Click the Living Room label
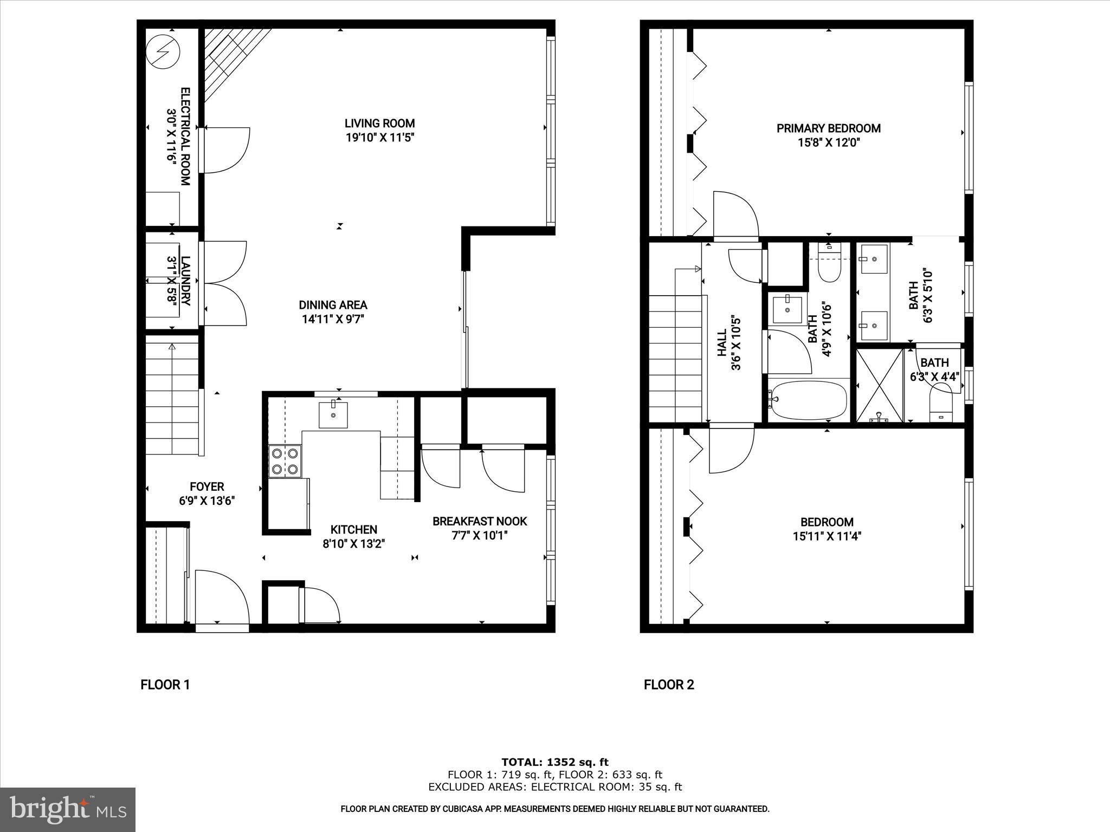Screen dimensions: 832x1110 (x=380, y=123)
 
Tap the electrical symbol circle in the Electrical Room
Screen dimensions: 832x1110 (x=163, y=52)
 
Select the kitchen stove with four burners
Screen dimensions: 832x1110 (x=285, y=461)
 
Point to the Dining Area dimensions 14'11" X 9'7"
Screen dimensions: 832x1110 (x=333, y=319)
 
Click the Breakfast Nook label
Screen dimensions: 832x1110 (x=479, y=521)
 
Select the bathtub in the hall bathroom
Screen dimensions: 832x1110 (x=808, y=401)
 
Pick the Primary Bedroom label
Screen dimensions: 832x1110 (x=828, y=128)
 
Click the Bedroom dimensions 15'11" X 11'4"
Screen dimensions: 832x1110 (x=827, y=536)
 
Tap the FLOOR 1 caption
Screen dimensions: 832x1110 (x=165, y=685)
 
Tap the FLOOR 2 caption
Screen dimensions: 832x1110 (x=668, y=685)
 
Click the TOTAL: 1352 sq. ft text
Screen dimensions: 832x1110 (x=554, y=763)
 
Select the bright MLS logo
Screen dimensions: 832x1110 (x=67, y=809)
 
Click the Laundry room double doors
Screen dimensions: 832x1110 (x=224, y=283)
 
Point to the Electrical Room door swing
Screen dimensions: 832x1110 (x=225, y=150)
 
